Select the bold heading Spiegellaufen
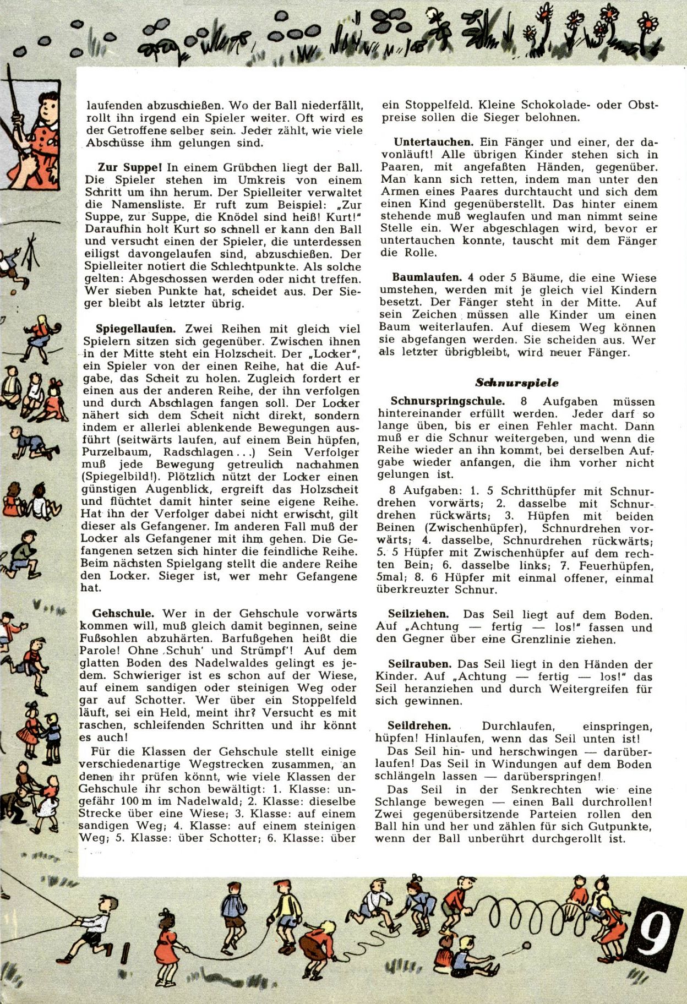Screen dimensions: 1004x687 tap(136, 329)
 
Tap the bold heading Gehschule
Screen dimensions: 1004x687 tap(123, 613)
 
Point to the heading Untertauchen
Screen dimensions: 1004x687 tap(433, 143)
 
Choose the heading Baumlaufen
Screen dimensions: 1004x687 tap(427, 277)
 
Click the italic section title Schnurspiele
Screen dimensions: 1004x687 tap(516, 383)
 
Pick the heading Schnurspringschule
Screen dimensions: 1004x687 tap(447, 401)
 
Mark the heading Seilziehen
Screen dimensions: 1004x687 tap(418, 614)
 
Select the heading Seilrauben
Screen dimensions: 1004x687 tap(419, 664)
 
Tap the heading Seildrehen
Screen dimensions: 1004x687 tap(419, 725)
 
